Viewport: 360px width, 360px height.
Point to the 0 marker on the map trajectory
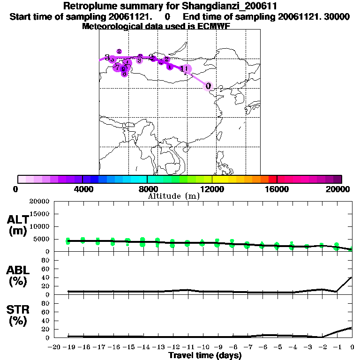pyautogui.click(x=209, y=86)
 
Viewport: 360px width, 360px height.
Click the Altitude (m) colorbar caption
pyautogui.click(x=174, y=196)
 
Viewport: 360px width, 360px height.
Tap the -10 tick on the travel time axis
pyautogui.click(x=203, y=347)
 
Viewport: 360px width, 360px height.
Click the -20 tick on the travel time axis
pyautogui.click(x=54, y=347)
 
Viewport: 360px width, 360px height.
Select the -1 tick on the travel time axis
pyautogui.click(x=337, y=347)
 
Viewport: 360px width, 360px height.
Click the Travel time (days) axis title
pyautogui.click(x=205, y=355)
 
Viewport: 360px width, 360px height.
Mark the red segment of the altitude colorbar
pyautogui.click(x=272, y=179)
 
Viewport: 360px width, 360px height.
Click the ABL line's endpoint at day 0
pyautogui.click(x=352, y=277)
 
